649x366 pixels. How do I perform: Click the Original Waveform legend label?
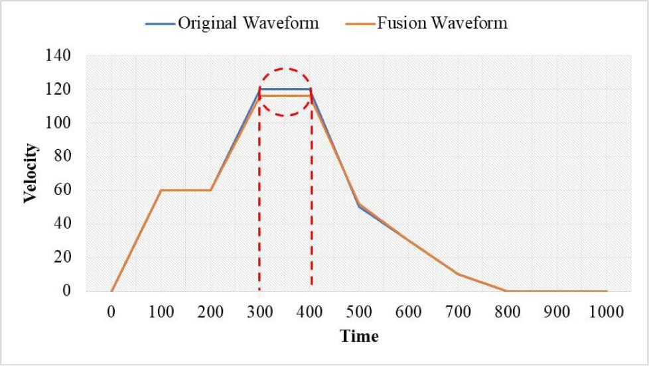pyautogui.click(x=248, y=23)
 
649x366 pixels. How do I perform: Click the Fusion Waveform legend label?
pyautogui.click(x=442, y=23)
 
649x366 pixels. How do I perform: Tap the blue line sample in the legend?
pyautogui.click(x=160, y=24)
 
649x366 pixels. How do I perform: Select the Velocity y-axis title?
pyautogui.click(x=30, y=173)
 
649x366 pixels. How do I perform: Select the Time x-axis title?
pyautogui.click(x=359, y=337)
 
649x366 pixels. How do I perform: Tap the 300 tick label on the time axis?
pyautogui.click(x=260, y=312)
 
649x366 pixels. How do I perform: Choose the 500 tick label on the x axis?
pyautogui.click(x=359, y=312)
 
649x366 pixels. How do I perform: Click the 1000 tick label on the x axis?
pyautogui.click(x=606, y=312)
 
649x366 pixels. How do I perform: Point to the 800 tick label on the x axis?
pyautogui.click(x=508, y=312)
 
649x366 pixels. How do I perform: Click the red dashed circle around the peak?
pyautogui.click(x=285, y=69)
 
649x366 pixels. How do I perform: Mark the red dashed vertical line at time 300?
pyautogui.click(x=259, y=199)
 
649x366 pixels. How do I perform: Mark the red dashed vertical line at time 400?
pyautogui.click(x=311, y=199)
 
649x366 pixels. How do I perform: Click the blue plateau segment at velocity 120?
pyautogui.click(x=285, y=89)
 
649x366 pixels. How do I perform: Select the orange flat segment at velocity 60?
pyautogui.click(x=186, y=190)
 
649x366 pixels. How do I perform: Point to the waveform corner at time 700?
pyautogui.click(x=458, y=274)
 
